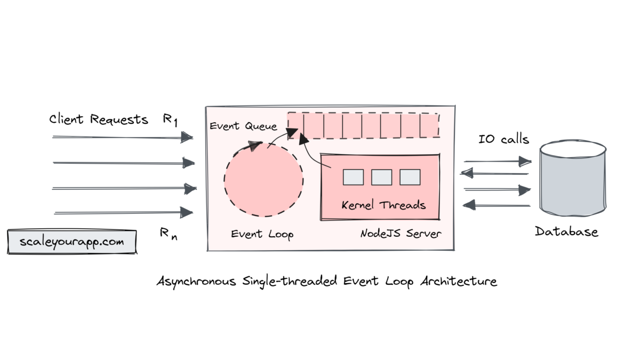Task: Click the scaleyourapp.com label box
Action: pyautogui.click(x=72, y=242)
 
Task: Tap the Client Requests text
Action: pyautogui.click(x=99, y=119)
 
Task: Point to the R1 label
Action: pyautogui.click(x=170, y=119)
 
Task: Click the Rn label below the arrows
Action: pyautogui.click(x=169, y=233)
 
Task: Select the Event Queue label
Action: pyautogui.click(x=243, y=126)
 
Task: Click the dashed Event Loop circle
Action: pyautogui.click(x=263, y=179)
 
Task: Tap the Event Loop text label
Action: pyautogui.click(x=262, y=234)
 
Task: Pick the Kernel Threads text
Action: pyautogui.click(x=383, y=205)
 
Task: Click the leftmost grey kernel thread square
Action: pyautogui.click(x=353, y=177)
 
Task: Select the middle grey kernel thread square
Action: pyautogui.click(x=381, y=177)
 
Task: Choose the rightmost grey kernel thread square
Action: pyautogui.click(x=410, y=177)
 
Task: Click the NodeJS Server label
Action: pyautogui.click(x=401, y=234)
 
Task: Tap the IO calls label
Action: pyautogui.click(x=504, y=140)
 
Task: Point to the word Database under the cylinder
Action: pyautogui.click(x=566, y=232)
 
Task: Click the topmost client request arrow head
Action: pyautogui.click(x=187, y=138)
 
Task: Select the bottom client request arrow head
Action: pyautogui.click(x=187, y=213)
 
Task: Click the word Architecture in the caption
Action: pyautogui.click(x=459, y=281)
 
